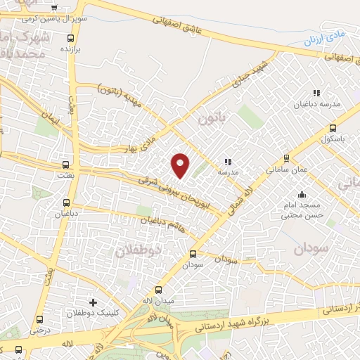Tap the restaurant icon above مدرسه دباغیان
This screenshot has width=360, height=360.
tap(316, 92)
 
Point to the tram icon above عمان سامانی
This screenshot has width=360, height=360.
tap(285, 158)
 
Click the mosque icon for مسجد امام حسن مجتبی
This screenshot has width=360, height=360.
tap(302, 195)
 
